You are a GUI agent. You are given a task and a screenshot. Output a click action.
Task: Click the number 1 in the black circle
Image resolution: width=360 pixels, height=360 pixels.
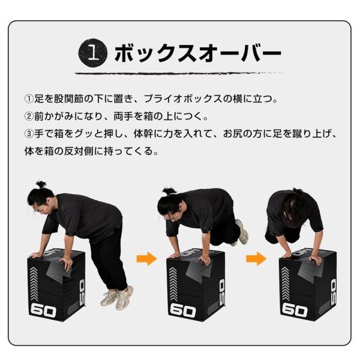pos(92,53)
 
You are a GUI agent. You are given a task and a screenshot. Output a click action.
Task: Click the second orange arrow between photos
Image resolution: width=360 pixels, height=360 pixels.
pos(256,259)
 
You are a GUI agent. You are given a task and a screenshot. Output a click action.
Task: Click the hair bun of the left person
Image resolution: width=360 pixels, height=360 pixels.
pos(41,184)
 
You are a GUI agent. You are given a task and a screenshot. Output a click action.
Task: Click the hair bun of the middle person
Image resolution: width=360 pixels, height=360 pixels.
pos(170,191)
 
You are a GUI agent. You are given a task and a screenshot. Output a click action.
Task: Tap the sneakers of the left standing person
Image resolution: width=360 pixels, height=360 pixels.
pos(116,296)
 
